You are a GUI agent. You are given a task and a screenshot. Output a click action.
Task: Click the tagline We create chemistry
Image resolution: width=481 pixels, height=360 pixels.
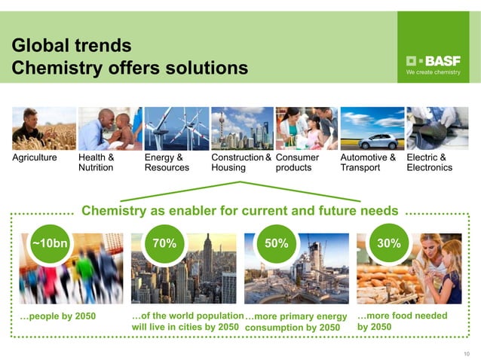[433, 72]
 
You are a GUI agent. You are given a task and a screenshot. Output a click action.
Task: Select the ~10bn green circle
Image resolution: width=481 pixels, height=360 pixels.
[50, 243]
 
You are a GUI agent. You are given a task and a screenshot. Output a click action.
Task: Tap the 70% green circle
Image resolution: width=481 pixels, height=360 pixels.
[164, 243]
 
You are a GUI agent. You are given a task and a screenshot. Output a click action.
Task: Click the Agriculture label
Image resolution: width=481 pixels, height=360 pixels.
[35, 158]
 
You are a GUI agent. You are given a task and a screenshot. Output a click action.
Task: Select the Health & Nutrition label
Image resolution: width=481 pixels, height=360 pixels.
[97, 163]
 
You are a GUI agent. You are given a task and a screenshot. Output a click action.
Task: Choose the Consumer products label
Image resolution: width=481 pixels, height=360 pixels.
[298, 163]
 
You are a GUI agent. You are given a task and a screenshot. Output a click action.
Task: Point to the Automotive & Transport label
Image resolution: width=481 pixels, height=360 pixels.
[368, 163]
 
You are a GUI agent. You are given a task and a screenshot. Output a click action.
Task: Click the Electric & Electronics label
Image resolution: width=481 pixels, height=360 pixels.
[429, 163]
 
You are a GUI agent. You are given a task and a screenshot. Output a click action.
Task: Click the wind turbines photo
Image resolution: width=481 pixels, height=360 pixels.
[176, 128]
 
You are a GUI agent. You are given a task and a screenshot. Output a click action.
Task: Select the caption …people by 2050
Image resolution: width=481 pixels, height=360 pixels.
[57, 316]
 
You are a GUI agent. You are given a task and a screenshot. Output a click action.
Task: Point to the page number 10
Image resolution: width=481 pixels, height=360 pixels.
[464, 352]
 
